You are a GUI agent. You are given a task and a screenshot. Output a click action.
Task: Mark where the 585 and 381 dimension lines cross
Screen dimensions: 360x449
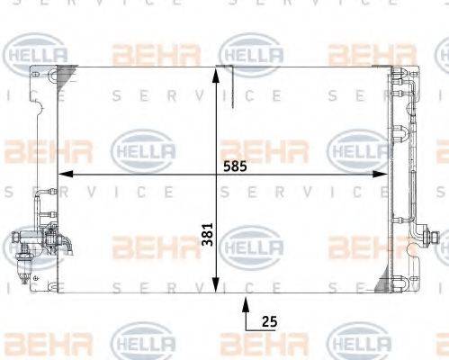216,175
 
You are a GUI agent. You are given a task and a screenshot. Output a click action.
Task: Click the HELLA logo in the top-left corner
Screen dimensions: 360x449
36,54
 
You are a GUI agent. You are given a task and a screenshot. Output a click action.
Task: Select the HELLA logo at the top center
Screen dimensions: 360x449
252,54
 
